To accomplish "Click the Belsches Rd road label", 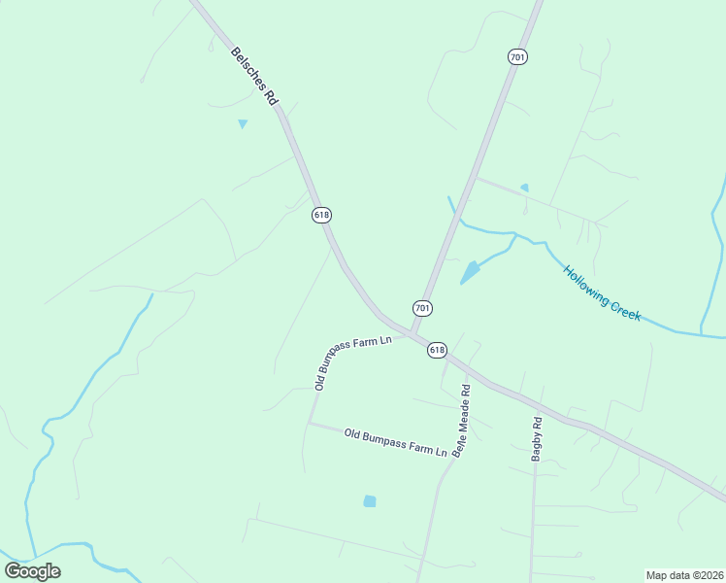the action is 255,76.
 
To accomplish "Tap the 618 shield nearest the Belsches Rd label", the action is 322,214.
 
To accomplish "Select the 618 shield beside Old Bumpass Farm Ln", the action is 437,350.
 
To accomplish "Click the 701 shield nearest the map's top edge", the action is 517,57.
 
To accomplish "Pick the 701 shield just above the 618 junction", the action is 422,308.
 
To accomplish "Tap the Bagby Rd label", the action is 536,437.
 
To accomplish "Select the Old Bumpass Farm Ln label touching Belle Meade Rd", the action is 395,442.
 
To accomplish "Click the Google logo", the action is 32,571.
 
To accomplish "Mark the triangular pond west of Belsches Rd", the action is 243,123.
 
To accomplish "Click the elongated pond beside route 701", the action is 470,272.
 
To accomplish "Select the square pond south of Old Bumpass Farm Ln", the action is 369,501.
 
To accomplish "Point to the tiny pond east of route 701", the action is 524,188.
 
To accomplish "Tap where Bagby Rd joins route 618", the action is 534,403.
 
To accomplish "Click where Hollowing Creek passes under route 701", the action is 459,221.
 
